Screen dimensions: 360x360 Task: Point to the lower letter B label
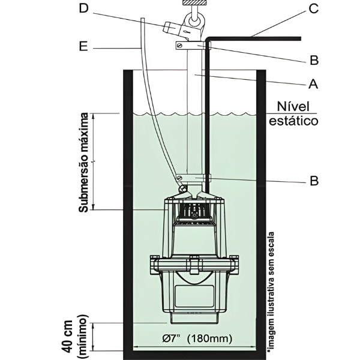[313, 179]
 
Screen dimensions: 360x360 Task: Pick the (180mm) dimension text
[209, 338]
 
